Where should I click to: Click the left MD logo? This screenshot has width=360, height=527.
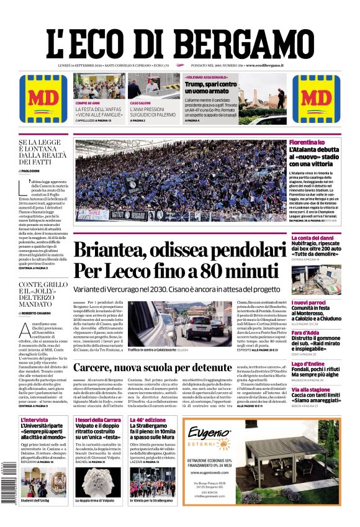[43, 99]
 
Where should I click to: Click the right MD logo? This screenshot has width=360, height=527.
[316, 99]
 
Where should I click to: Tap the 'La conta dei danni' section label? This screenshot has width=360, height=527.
[313, 238]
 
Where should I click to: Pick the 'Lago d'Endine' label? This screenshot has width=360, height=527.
[307, 363]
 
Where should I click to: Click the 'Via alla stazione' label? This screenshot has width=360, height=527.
[311, 389]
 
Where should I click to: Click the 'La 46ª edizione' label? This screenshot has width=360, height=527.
[147, 420]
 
